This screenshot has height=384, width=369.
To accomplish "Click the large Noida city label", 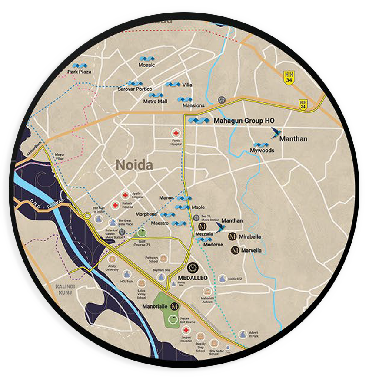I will coord(134,165).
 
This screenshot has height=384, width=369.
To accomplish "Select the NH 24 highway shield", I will coord(303,104).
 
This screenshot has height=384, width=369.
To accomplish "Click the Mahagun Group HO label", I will coord(244,121).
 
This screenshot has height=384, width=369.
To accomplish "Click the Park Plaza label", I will coord(79,71).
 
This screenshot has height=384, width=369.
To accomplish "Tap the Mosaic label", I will coord(146,65).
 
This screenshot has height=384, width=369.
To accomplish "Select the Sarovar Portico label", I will coord(135,89).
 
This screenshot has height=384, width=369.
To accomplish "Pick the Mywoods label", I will coord(262,151).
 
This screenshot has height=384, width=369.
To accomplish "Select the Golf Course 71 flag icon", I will coord(142,232).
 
